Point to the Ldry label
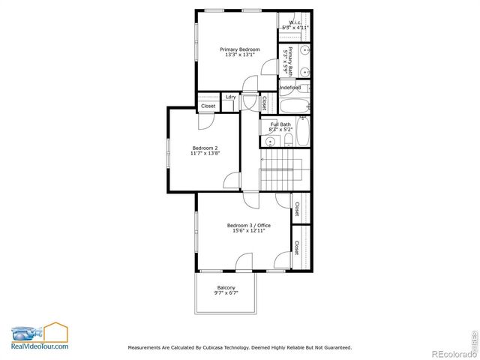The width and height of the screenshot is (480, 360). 230,97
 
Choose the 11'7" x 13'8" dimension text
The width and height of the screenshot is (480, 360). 205,153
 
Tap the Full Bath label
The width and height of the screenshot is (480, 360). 281,124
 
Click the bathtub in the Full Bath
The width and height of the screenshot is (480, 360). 303,132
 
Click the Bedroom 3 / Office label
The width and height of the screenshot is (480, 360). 249,225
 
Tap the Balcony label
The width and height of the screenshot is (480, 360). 226,289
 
